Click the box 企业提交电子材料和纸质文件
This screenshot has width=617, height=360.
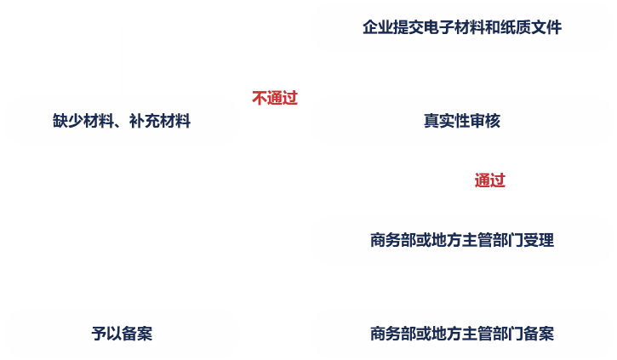(462, 27)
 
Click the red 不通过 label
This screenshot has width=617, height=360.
(275, 98)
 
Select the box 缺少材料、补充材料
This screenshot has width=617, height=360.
(122, 121)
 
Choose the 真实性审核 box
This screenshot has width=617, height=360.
(462, 121)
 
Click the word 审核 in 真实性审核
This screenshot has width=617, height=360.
(485, 121)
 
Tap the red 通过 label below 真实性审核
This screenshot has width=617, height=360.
(490, 180)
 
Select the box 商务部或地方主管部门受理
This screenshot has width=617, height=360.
(462, 240)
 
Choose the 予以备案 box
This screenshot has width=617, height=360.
(122, 334)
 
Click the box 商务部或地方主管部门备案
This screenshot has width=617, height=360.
(462, 334)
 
